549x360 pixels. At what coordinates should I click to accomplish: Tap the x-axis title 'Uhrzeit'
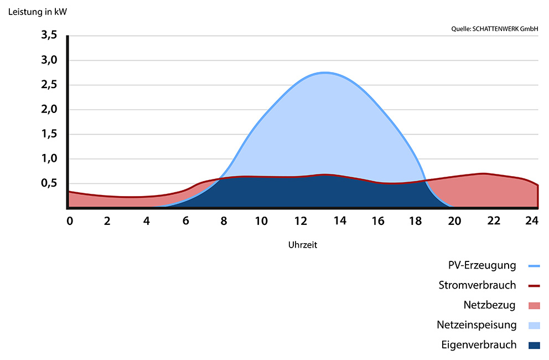(302, 244)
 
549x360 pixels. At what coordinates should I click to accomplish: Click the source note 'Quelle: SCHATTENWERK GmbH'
(495, 29)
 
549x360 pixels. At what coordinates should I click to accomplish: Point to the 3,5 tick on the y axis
(49, 36)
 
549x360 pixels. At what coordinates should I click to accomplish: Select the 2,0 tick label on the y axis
(49, 110)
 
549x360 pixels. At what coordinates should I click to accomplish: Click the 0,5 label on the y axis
(49, 183)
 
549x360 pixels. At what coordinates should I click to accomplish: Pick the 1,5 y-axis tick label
(49, 134)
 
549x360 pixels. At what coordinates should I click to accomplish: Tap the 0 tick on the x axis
(70, 221)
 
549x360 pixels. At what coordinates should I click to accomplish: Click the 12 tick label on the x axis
(301, 221)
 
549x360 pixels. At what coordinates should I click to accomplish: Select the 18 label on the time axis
(416, 221)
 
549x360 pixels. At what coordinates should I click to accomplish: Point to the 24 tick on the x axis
(532, 221)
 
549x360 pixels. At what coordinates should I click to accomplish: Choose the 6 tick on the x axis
(185, 221)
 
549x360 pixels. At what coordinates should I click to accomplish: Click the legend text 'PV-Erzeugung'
(482, 265)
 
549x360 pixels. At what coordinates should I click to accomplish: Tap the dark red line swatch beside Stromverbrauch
(534, 286)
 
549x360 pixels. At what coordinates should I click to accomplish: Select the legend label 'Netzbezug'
(490, 305)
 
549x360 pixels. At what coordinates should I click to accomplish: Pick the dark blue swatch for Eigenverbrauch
(534, 346)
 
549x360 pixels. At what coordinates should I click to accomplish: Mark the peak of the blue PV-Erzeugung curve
(325, 73)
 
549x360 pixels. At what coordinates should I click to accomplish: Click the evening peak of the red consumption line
(483, 173)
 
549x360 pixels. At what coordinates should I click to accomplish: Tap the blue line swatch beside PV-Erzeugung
(534, 266)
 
